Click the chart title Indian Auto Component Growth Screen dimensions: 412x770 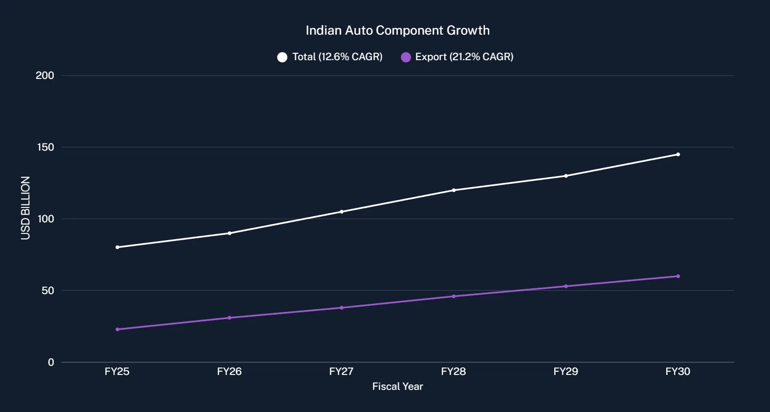point(397,30)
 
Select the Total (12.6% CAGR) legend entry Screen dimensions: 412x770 point(330,57)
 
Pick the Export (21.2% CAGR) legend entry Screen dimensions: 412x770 point(457,57)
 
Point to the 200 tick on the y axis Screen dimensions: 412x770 point(45,76)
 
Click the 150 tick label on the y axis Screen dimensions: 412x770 point(45,147)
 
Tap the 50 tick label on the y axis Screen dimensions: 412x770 point(48,291)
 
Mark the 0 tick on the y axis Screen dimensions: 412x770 point(51,362)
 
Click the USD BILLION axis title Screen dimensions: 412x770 point(25,208)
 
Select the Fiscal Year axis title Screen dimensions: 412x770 point(397,386)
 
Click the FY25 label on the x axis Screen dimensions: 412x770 point(117,372)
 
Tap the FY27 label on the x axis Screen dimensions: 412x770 point(341,372)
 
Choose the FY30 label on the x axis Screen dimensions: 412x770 point(678,372)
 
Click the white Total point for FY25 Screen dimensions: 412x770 point(117,247)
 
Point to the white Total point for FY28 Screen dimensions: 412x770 point(454,190)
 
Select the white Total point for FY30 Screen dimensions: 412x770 point(678,154)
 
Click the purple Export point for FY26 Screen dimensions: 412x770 point(229,318)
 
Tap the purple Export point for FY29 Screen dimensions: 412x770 point(566,286)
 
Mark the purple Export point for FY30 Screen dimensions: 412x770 point(678,276)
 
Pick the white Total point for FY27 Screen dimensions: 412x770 point(342,212)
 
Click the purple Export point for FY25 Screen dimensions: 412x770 point(117,329)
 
